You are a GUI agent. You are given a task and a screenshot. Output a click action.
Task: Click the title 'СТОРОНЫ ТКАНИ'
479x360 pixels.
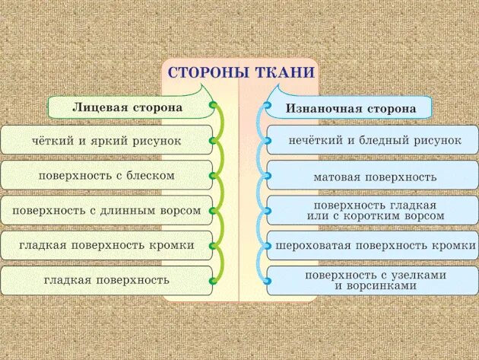pos(239,73)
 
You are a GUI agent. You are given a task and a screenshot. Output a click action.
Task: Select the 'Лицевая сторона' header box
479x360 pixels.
pos(128,107)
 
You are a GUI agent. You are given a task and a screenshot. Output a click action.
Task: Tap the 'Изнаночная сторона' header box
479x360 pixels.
pos(351,108)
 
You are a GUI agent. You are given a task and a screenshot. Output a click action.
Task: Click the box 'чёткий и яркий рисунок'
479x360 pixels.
pos(106,141)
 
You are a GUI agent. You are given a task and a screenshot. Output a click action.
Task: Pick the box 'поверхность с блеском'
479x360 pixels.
pos(106,176)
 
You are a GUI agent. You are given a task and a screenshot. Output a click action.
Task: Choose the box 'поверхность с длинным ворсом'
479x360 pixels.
pos(106,210)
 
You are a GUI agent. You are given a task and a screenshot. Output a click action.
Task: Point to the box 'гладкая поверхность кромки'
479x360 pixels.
pos(106,245)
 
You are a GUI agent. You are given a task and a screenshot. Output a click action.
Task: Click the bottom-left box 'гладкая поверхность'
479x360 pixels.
pos(106,280)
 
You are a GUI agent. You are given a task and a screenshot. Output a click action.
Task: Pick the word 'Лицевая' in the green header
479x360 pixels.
pos(97,107)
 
